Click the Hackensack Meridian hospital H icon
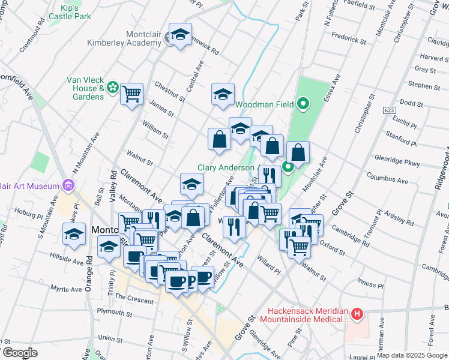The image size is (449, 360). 357,313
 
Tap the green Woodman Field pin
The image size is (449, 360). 303,104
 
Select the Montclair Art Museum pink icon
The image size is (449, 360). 68,185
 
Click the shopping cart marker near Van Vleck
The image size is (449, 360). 131,94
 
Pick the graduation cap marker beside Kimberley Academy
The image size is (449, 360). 179,35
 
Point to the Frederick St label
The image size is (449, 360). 350,40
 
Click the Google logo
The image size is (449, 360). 20,353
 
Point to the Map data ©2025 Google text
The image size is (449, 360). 412,355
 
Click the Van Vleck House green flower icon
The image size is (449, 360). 112,88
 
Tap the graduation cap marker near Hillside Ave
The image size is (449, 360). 74,234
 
